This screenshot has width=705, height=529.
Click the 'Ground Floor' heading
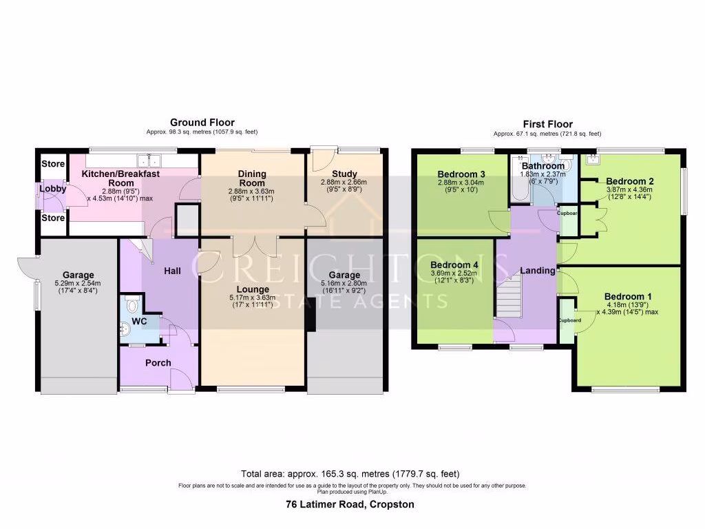[202, 123]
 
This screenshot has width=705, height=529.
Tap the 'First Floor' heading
[547, 124]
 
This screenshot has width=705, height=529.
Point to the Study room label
[344, 174]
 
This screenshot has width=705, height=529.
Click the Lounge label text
[251, 289]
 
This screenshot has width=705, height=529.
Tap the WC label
[140, 321]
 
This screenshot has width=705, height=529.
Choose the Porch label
[158, 362]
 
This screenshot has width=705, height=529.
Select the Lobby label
[52, 189]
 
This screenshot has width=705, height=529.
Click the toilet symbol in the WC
[132, 306]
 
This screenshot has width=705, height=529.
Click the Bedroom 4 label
[454, 264]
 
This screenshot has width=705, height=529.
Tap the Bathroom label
[543, 166]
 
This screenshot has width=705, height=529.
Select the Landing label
[537, 271]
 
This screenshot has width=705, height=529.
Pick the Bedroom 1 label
[628, 296]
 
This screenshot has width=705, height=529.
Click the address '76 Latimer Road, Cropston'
[350, 504]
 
